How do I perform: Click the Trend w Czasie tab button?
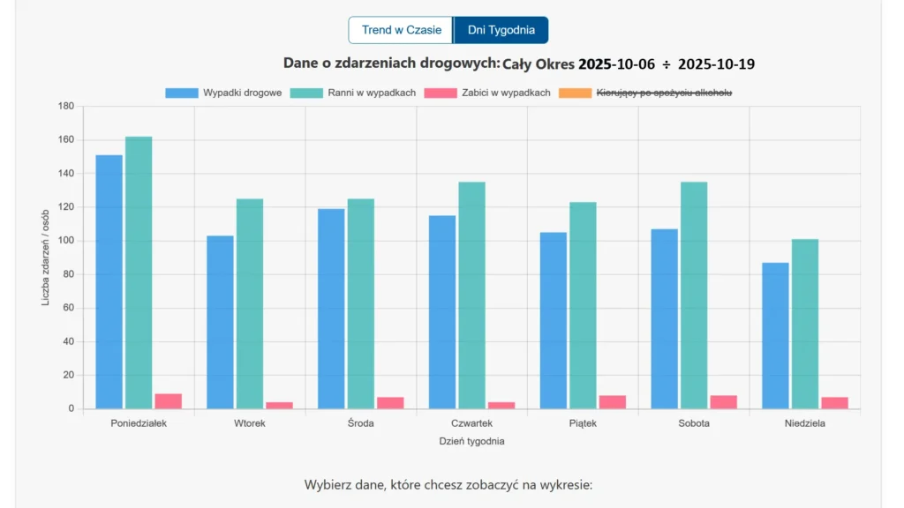click(402, 30)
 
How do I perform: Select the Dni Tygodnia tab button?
click(501, 30)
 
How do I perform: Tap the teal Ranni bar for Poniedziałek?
click(139, 273)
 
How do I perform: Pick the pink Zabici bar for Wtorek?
click(279, 406)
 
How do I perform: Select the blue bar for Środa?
click(331, 309)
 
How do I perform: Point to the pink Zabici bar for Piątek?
click(612, 402)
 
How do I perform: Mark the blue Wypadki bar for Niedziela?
click(775, 335)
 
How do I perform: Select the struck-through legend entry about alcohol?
click(646, 93)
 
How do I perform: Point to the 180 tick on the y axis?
click(65, 106)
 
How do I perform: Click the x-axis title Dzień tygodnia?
click(471, 441)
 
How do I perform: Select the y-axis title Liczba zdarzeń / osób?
click(46, 258)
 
